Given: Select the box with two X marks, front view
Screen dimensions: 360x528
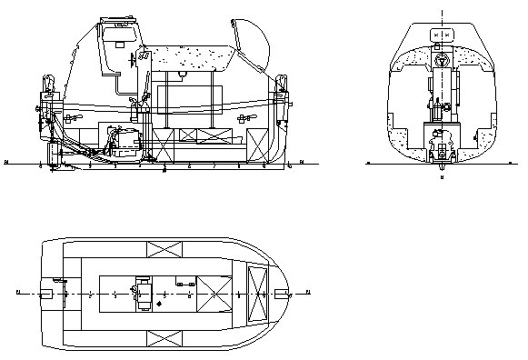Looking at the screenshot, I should tap(441, 35).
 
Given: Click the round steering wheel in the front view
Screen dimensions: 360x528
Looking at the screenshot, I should tap(442, 63).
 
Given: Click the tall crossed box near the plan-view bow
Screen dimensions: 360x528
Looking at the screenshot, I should tap(259, 294).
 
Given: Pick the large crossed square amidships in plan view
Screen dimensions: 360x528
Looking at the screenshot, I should tap(214, 294).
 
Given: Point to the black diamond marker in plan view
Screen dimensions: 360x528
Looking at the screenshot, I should tap(159, 303).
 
